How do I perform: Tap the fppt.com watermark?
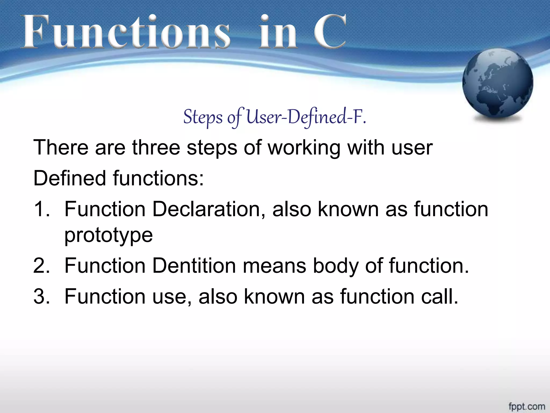click(x=527, y=406)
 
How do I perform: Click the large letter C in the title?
click(x=330, y=32)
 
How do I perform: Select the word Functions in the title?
click(x=125, y=32)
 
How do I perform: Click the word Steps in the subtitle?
click(x=203, y=118)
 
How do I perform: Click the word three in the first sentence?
click(x=156, y=148)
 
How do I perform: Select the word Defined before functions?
click(x=70, y=178)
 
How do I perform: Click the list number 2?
click(x=42, y=266)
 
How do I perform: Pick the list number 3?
click(x=42, y=297)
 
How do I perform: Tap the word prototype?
click(x=108, y=236)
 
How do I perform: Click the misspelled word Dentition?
click(x=194, y=266)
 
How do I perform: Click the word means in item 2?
click(x=274, y=266)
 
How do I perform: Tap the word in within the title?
click(x=278, y=32)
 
